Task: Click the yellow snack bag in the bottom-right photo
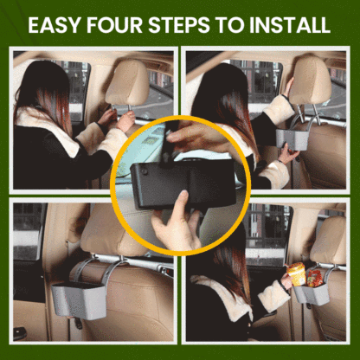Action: [297, 274]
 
